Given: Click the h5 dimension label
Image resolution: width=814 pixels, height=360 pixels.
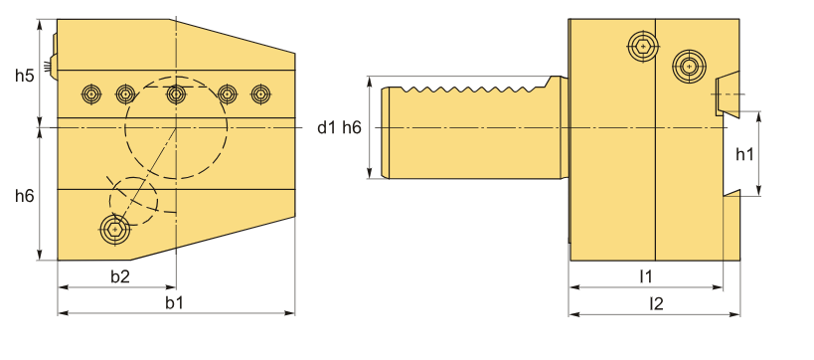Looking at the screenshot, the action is click(24, 76).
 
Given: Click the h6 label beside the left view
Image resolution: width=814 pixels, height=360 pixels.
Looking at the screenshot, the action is click(24, 196).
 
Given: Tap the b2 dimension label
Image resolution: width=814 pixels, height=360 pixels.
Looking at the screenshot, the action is click(120, 276).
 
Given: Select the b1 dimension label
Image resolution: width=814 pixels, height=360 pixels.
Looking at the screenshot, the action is click(175, 303).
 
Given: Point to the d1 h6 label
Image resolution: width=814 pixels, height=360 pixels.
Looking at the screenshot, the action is click(339, 127).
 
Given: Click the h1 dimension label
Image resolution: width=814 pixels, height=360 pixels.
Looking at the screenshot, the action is click(744, 154).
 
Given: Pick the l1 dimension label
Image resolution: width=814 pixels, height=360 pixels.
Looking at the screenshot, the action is click(645, 276).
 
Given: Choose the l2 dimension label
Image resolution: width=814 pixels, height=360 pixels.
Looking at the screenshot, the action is click(657, 304).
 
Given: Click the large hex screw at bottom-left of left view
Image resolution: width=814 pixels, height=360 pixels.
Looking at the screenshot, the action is click(114, 229).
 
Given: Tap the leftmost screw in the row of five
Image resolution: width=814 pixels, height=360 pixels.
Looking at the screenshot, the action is click(91, 94).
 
